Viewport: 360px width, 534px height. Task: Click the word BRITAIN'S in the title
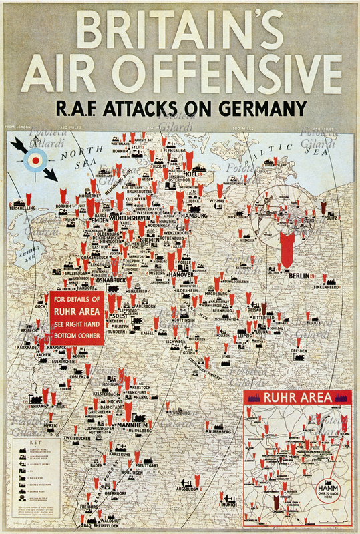click(x=180, y=29)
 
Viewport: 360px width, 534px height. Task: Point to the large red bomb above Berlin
click(x=287, y=248)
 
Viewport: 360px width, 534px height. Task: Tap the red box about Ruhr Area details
click(x=76, y=318)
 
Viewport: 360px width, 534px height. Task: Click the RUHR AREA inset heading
click(x=298, y=398)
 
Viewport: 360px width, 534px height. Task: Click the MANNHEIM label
click(x=132, y=425)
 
